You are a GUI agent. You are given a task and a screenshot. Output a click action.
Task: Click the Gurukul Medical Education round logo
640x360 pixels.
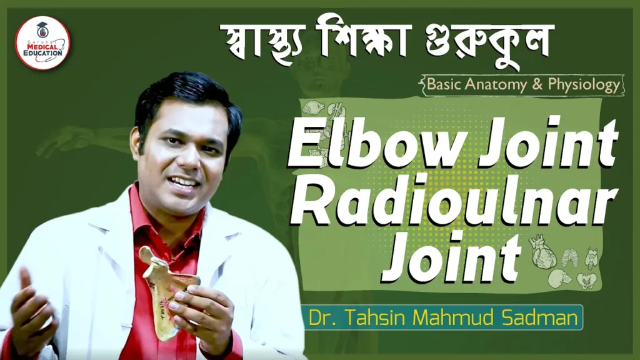click(42, 43)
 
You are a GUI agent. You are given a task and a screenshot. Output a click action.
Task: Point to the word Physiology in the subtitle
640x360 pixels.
click(584, 85)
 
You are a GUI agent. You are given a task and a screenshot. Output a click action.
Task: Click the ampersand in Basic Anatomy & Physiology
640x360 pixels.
click(537, 84)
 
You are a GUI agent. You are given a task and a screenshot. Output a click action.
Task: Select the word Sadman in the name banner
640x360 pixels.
click(539, 317)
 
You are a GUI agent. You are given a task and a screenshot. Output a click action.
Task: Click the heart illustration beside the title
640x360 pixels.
click(543, 251)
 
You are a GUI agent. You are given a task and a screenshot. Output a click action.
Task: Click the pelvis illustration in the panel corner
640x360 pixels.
click(586, 281)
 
